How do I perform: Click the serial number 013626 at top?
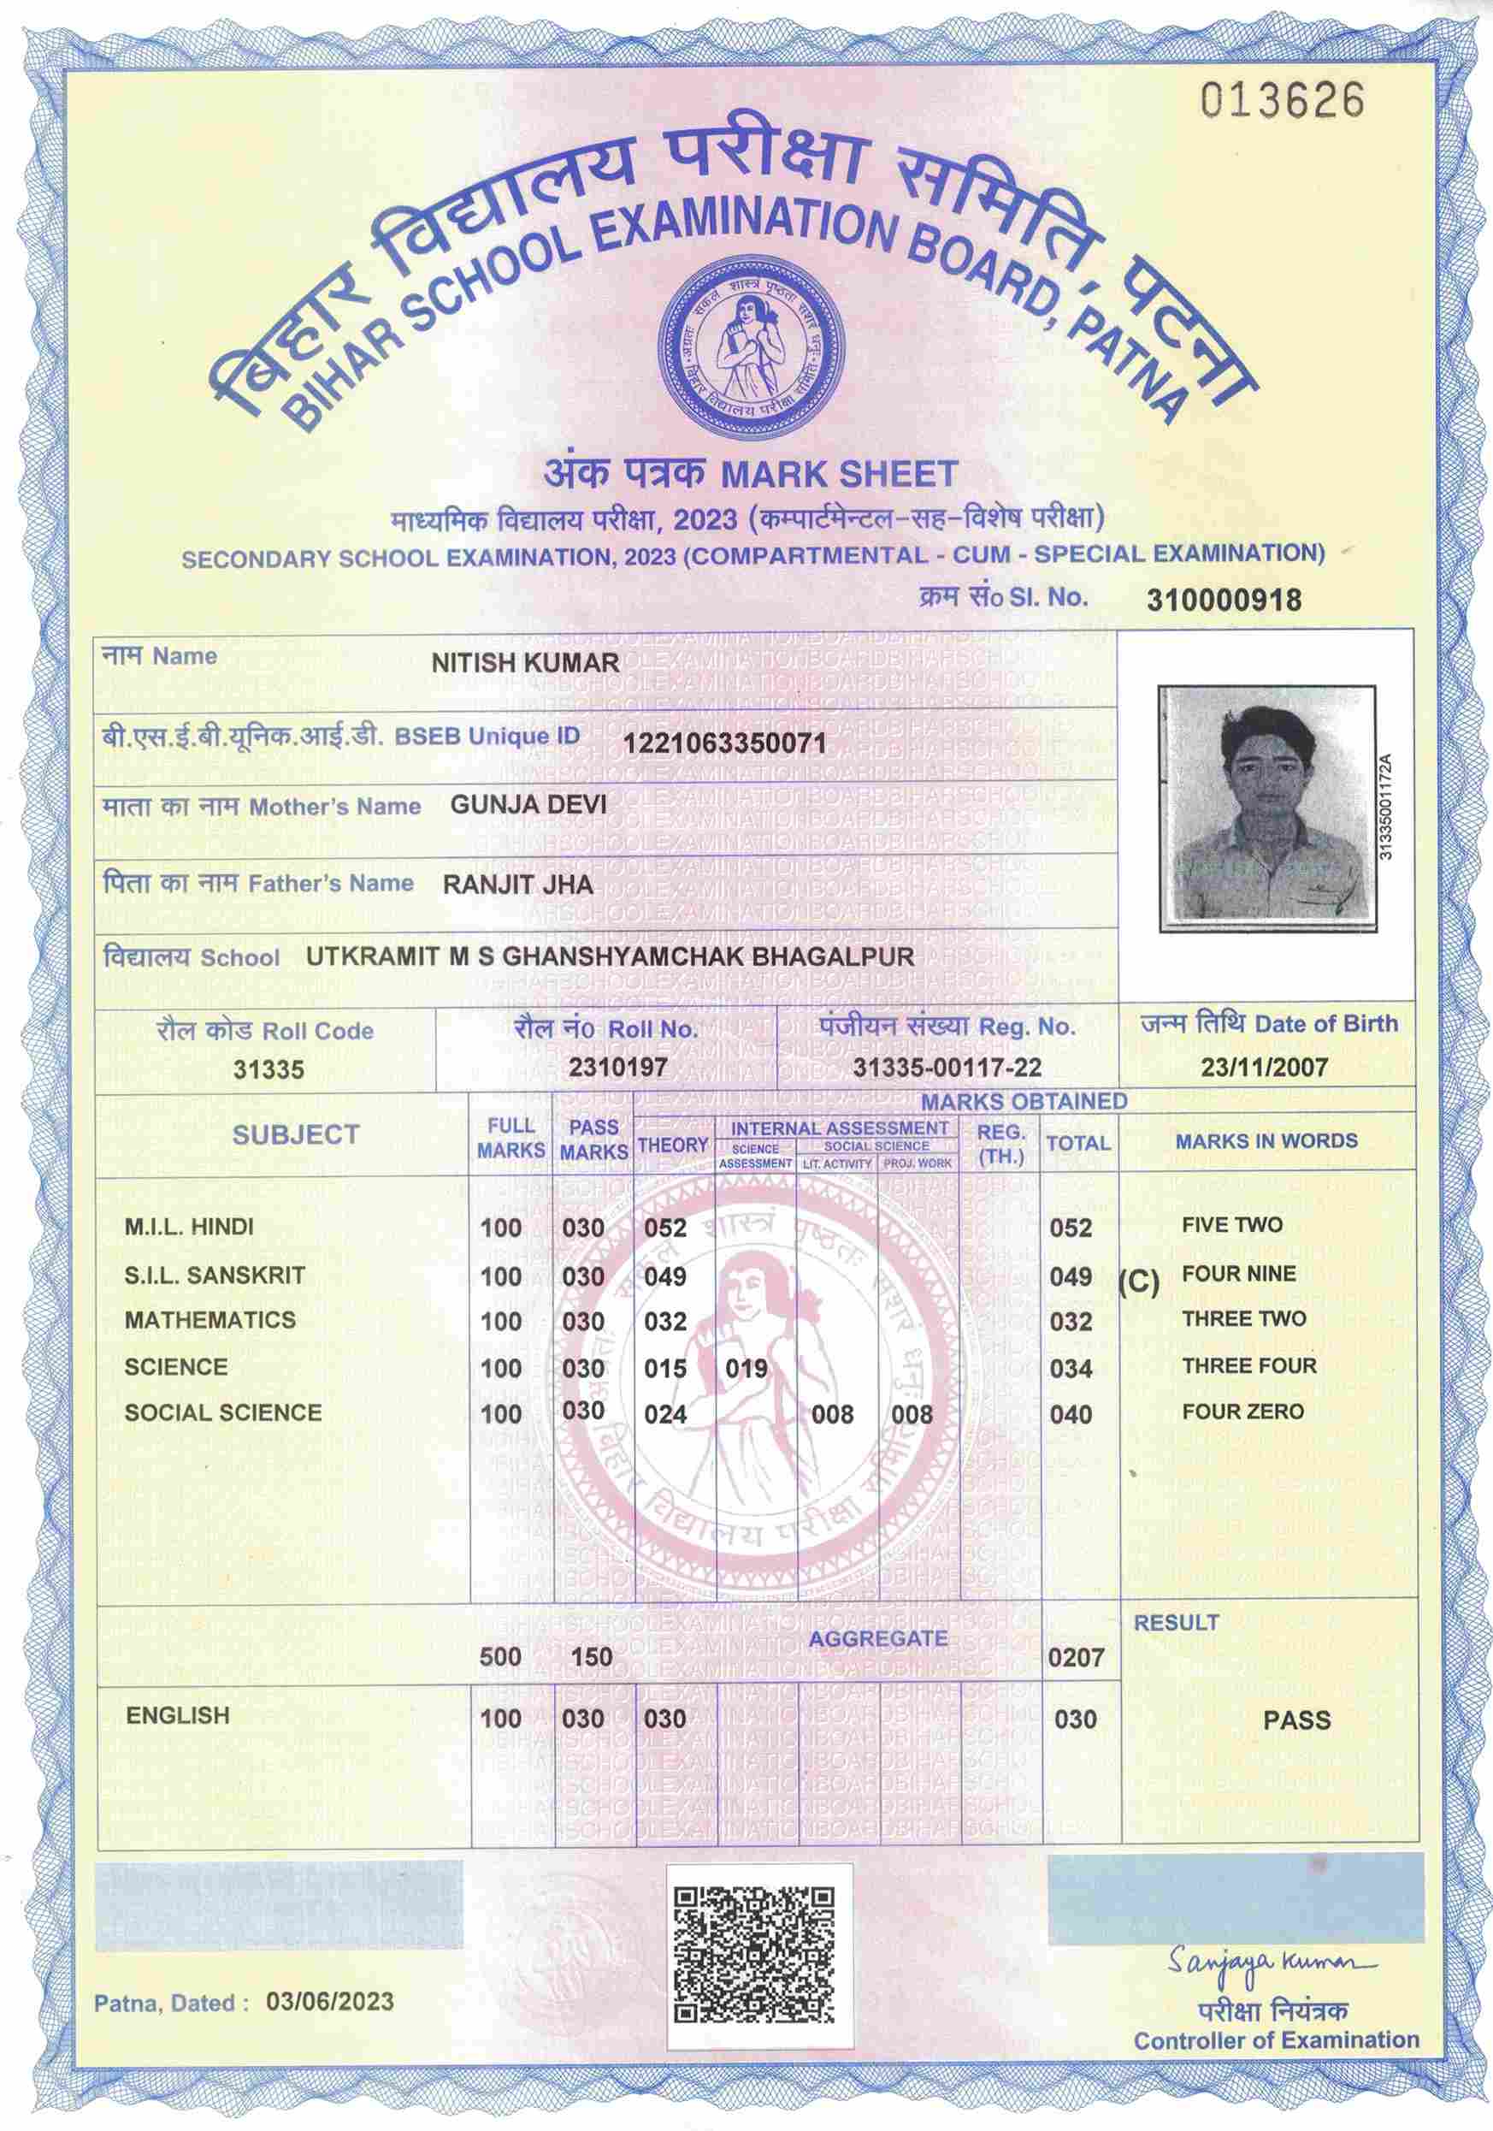pyautogui.click(x=1284, y=100)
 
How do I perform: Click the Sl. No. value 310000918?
pyautogui.click(x=1224, y=600)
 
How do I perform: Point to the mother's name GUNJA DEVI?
pyautogui.click(x=528, y=804)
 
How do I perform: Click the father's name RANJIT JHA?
pyautogui.click(x=518, y=884)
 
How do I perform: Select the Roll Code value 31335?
pyautogui.click(x=269, y=1069)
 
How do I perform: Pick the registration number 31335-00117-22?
pyautogui.click(x=947, y=1068)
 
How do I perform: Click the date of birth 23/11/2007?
pyautogui.click(x=1264, y=1067)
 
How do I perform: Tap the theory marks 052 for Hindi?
pyautogui.click(x=665, y=1228)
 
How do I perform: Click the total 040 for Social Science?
pyautogui.click(x=1071, y=1416)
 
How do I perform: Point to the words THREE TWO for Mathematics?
pyautogui.click(x=1243, y=1319)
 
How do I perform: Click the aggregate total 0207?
pyautogui.click(x=1076, y=1657)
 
